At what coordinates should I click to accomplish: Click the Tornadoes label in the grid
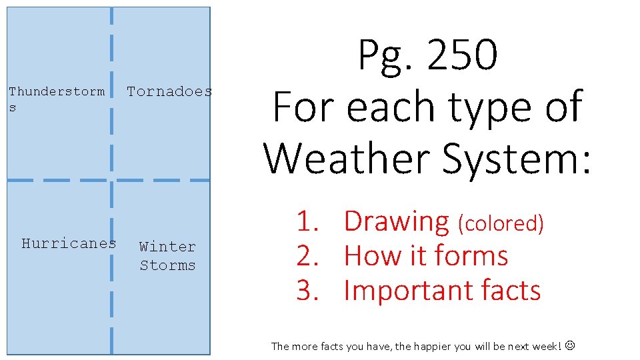point(169,91)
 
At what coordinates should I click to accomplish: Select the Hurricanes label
point(69,243)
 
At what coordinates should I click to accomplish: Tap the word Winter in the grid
point(167,247)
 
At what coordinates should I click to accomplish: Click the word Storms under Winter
point(167,265)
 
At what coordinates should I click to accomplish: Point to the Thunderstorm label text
point(57,91)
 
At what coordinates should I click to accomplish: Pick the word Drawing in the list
point(397,221)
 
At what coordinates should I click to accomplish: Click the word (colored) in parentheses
point(501,223)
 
